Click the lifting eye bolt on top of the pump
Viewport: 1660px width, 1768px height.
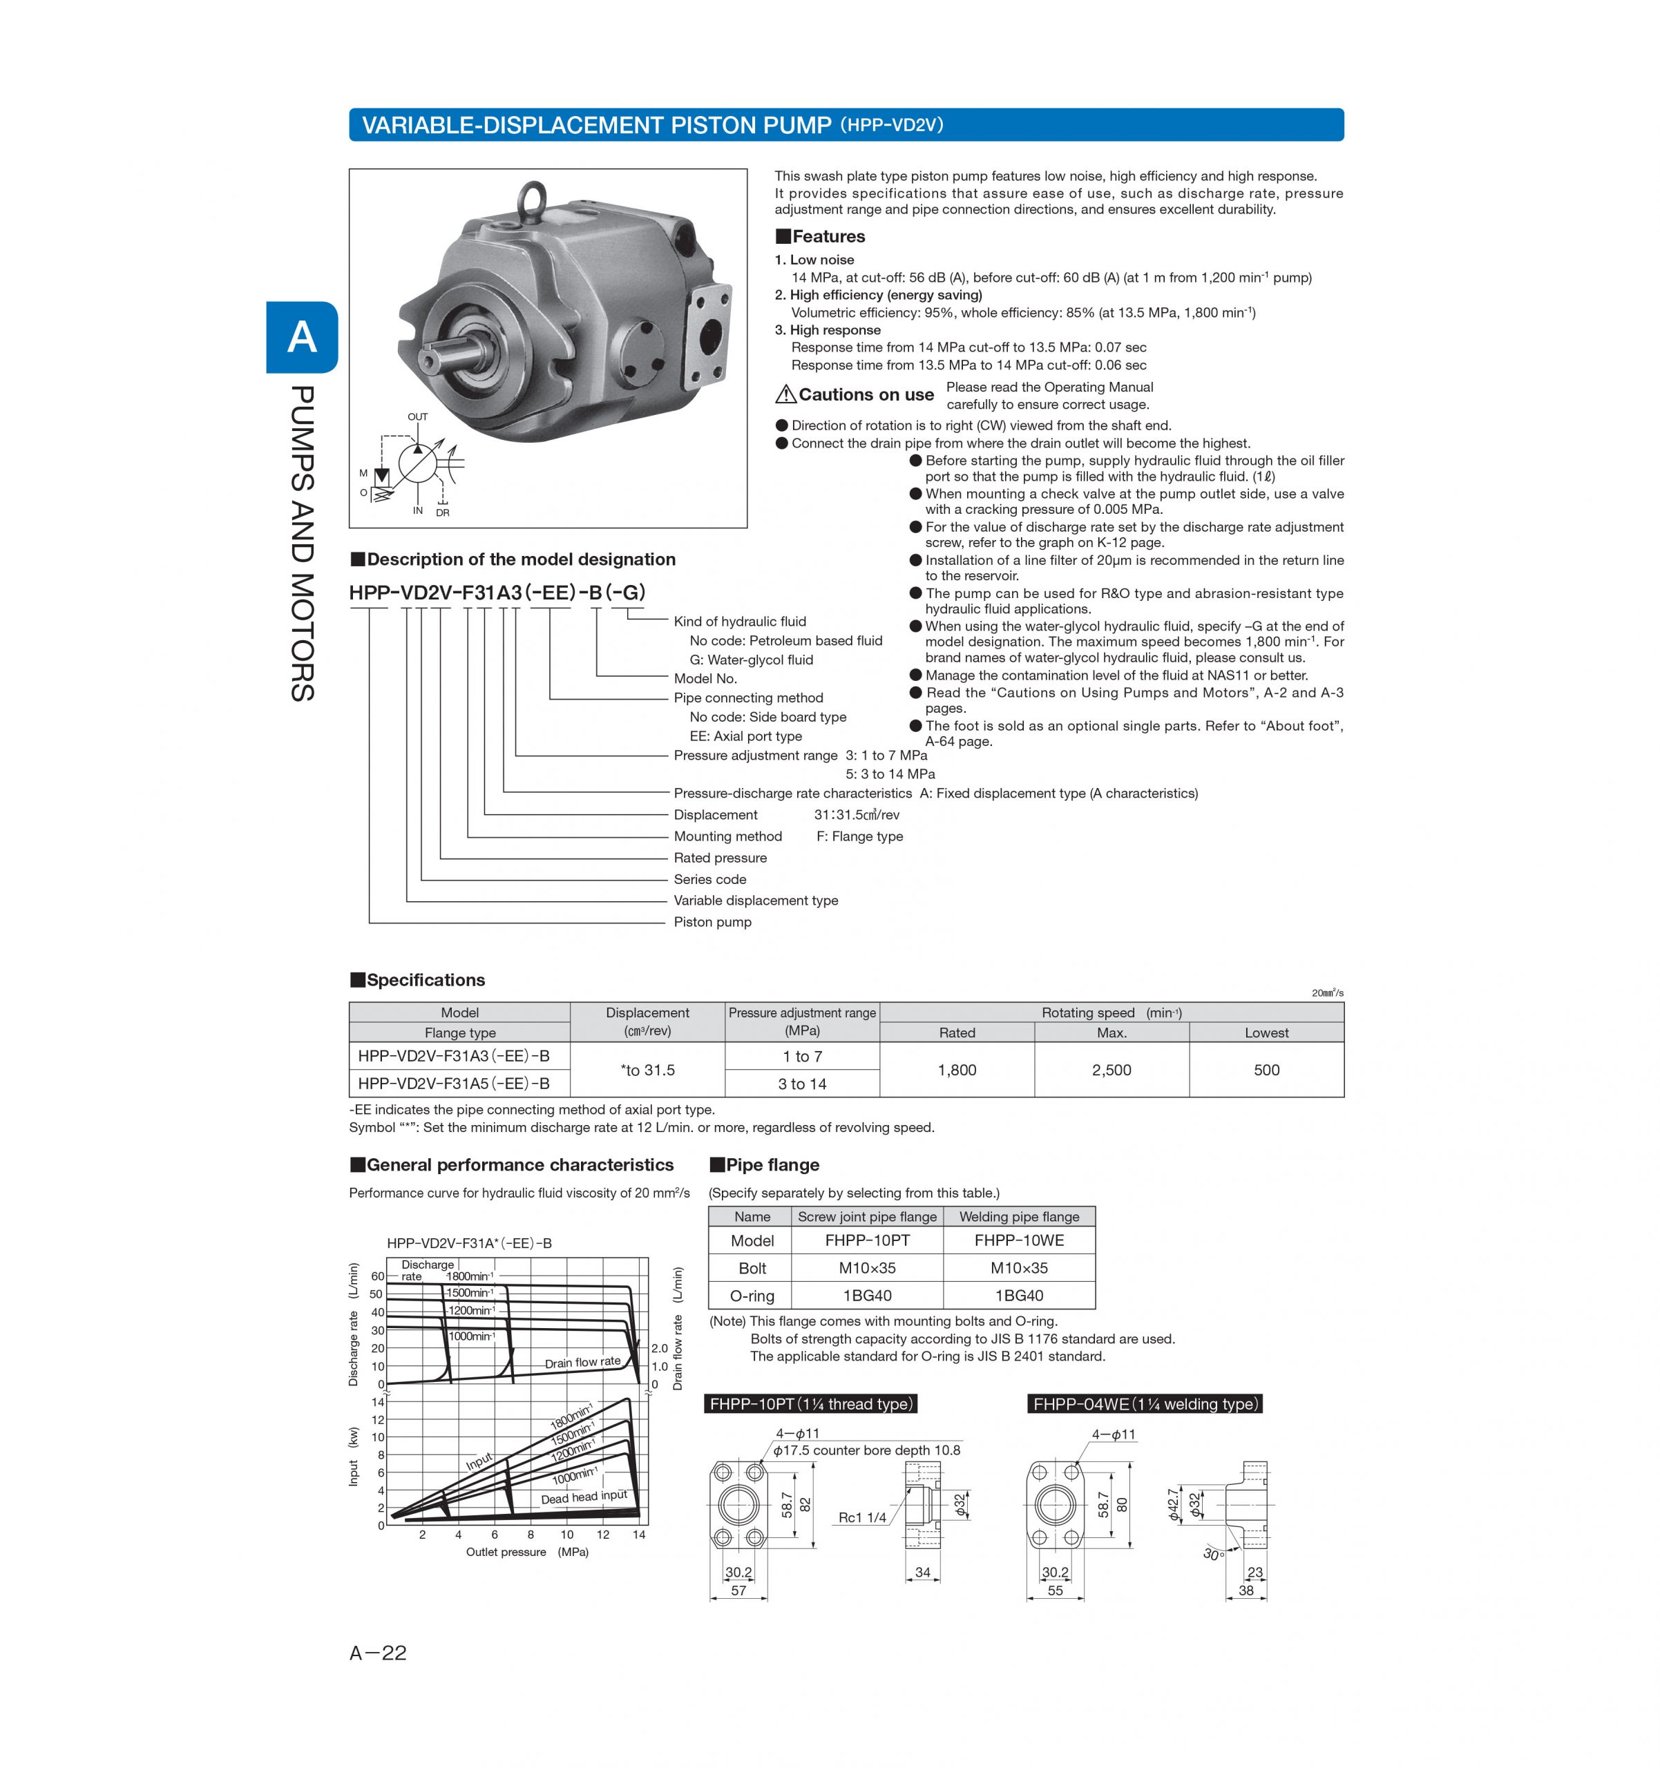533,198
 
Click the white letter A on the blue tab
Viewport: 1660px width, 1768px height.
303,337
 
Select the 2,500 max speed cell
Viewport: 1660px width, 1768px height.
1111,1070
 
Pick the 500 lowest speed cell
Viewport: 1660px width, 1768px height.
1266,1070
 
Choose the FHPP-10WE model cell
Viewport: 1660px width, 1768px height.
1019,1240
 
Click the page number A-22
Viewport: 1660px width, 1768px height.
378,1653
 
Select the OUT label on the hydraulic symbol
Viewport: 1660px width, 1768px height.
417,417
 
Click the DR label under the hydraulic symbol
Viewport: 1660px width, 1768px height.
443,513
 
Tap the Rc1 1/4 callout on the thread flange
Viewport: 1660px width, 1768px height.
862,1517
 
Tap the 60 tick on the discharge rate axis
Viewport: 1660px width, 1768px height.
377,1276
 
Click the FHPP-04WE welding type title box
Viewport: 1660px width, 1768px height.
1145,1404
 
